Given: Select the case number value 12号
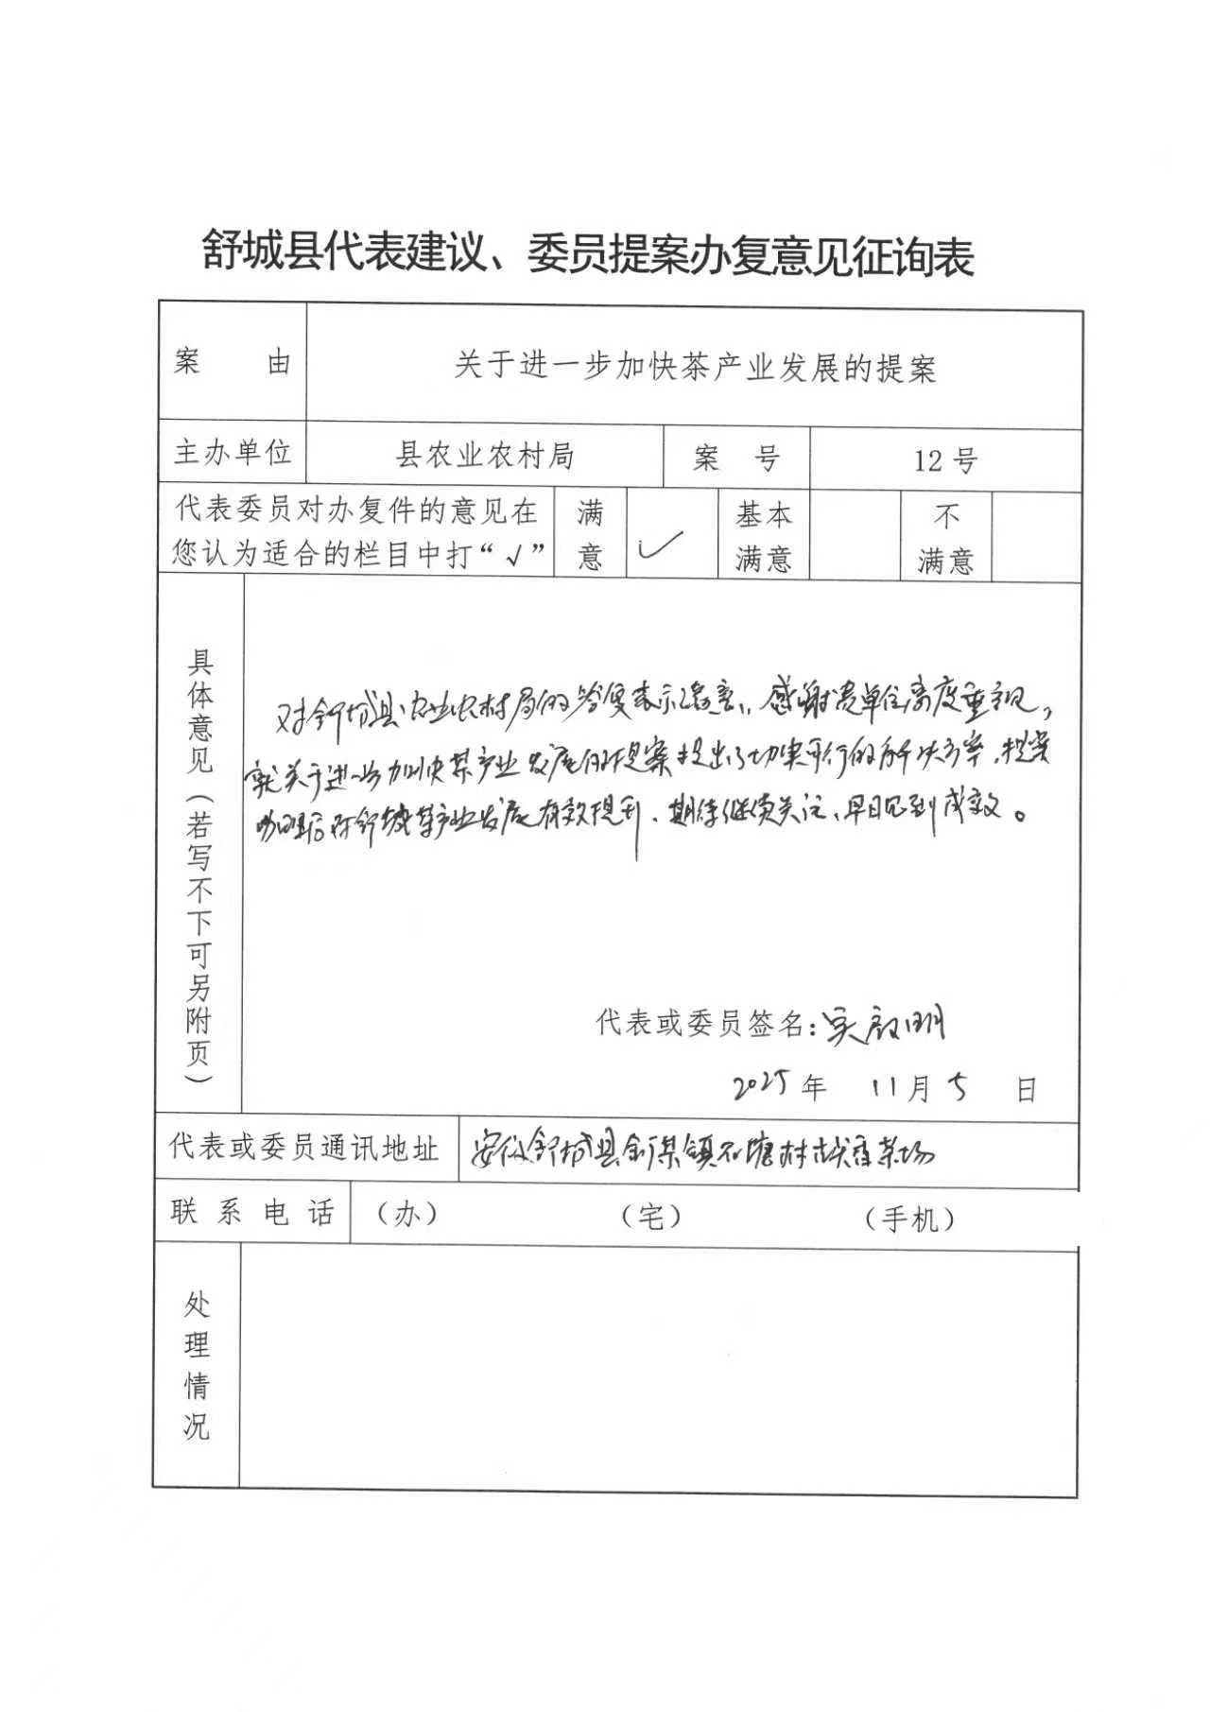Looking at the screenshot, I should click(944, 460).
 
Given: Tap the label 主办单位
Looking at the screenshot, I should click(232, 453).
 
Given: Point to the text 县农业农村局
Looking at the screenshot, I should click(484, 457).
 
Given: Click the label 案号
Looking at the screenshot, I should click(735, 459).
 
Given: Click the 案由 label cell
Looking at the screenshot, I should click(232, 362).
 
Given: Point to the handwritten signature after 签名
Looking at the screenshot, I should click(883, 1022).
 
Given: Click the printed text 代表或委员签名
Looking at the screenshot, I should click(700, 1023).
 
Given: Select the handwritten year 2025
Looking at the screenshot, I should click(766, 1087).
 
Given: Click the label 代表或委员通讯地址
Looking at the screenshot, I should click(303, 1148).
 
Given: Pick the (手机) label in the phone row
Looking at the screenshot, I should click(908, 1219).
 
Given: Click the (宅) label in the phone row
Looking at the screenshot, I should click(651, 1218).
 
